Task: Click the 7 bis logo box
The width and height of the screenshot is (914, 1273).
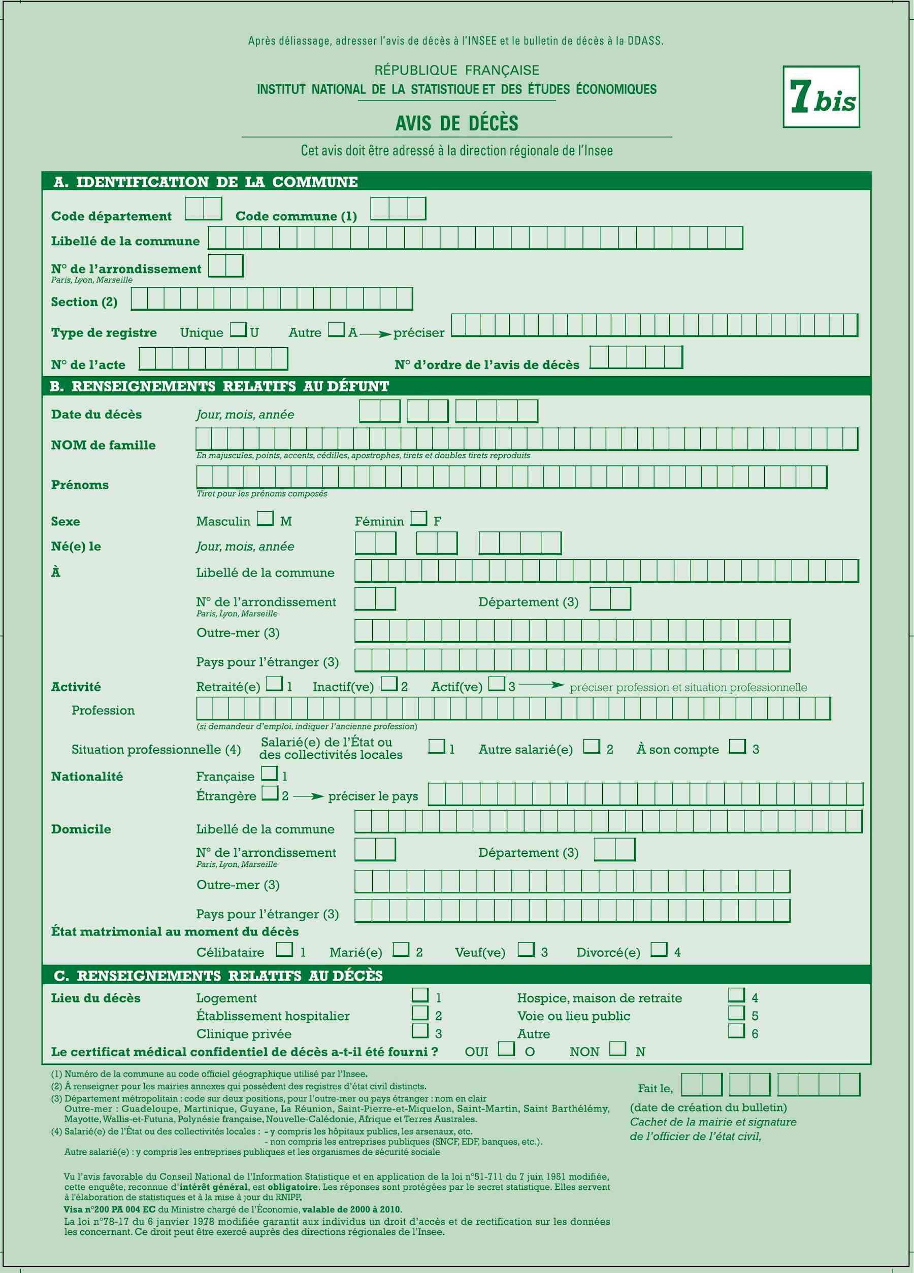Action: (821, 96)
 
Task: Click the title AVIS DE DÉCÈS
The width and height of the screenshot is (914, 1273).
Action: (456, 123)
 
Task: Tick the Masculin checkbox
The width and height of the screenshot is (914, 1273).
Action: (266, 518)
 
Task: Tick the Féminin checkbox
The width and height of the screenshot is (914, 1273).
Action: (418, 518)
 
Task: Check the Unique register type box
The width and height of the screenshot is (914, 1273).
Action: (239, 329)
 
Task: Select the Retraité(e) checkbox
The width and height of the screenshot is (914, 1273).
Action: (275, 683)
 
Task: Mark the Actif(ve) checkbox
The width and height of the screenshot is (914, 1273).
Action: (496, 683)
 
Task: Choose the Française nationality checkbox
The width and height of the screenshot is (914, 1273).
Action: (270, 773)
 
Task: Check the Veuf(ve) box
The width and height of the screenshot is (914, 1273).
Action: (526, 949)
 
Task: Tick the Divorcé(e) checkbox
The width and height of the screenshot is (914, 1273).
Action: (659, 949)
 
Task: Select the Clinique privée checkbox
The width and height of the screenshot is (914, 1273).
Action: (420, 1030)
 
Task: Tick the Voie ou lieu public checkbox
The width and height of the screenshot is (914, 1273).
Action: (736, 1013)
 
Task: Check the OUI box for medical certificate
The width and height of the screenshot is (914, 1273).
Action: (506, 1049)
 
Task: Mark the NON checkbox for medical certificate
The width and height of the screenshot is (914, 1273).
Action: (617, 1049)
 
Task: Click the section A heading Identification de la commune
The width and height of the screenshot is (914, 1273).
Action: (206, 182)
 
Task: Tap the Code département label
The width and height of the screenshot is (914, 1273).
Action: (111, 216)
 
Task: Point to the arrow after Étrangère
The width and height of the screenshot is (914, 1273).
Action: (308, 796)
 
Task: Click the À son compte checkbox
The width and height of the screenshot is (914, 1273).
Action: (737, 746)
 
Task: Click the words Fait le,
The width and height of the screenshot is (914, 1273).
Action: (655, 1088)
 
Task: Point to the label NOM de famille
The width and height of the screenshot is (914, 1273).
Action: (103, 445)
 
